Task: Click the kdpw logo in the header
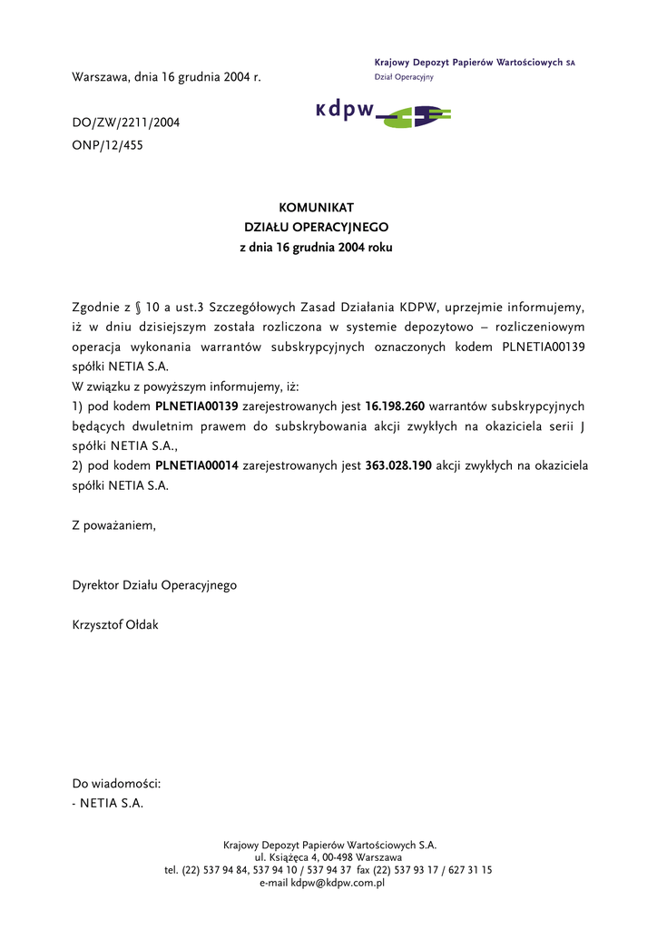[x=382, y=112]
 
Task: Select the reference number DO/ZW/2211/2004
[x=125, y=122]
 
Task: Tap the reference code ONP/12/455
[x=107, y=144]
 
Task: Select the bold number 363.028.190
[x=398, y=465]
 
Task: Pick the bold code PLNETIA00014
[x=197, y=465]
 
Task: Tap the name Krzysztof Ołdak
[x=115, y=625]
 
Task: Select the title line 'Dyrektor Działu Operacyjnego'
[x=154, y=585]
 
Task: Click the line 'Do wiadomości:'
[x=116, y=783]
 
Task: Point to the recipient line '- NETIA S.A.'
[x=108, y=803]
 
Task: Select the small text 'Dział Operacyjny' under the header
[x=404, y=77]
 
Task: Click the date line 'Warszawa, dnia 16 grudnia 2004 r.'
[x=166, y=78]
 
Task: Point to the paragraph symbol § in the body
[x=138, y=307]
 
